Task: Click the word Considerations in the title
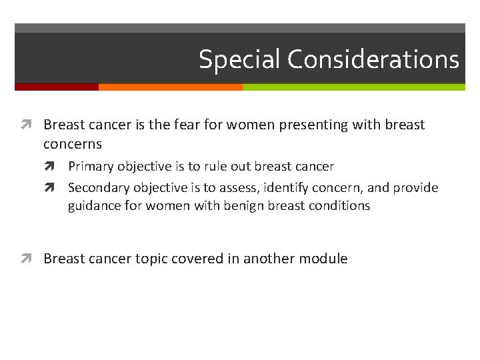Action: click(x=373, y=59)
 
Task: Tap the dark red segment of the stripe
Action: click(x=57, y=87)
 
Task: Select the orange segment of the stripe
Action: click(x=170, y=87)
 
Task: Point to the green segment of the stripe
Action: click(x=353, y=87)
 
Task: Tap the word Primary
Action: click(x=91, y=167)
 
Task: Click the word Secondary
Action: click(x=99, y=187)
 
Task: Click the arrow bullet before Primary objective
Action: click(x=59, y=167)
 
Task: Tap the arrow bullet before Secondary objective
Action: click(x=59, y=188)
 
